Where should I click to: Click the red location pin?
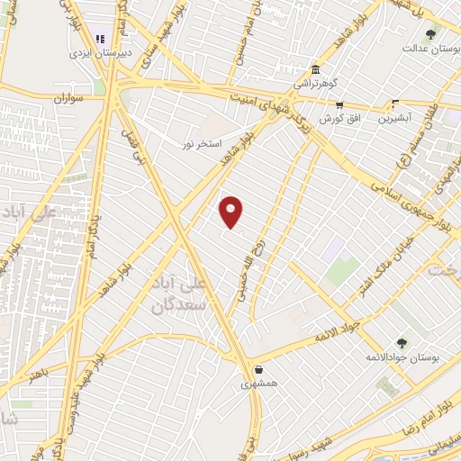pyautogui.click(x=232, y=212)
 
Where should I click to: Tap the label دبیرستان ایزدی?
pyautogui.click(x=100, y=53)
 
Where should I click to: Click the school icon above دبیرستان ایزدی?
pyautogui.click(x=100, y=39)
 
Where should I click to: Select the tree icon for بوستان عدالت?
pyautogui.click(x=430, y=34)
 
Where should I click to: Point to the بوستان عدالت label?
pyautogui.click(x=427, y=49)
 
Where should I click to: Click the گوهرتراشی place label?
pyautogui.click(x=315, y=84)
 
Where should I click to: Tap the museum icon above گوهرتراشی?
pyautogui.click(x=315, y=70)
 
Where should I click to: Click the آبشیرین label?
pyautogui.click(x=394, y=117)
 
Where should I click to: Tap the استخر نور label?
pyautogui.click(x=201, y=144)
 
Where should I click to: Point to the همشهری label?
pyautogui.click(x=259, y=383)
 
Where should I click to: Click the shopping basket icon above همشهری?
pyautogui.click(x=259, y=369)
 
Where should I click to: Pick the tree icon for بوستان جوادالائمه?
pyautogui.click(x=402, y=342)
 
